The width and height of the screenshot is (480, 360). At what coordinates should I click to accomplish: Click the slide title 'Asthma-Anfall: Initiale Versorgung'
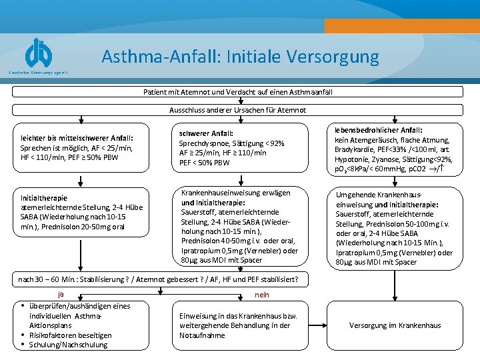[240, 56]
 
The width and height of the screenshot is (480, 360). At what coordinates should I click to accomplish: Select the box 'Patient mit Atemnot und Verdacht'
[237, 91]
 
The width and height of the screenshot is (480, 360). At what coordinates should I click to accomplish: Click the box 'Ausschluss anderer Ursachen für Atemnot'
[237, 110]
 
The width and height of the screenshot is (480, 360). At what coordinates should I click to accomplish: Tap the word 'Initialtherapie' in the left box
[44, 198]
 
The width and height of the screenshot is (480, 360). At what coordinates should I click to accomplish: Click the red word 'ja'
[61, 294]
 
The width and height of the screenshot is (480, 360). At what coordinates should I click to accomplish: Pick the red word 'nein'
[262, 294]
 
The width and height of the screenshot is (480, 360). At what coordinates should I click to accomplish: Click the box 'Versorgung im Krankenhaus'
[395, 325]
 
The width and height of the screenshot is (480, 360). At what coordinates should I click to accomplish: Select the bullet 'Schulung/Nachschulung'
[68, 345]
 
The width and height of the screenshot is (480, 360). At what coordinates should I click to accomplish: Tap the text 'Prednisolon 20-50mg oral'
[82, 227]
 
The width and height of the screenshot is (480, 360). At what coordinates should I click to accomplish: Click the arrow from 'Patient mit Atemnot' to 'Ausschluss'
[237, 101]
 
